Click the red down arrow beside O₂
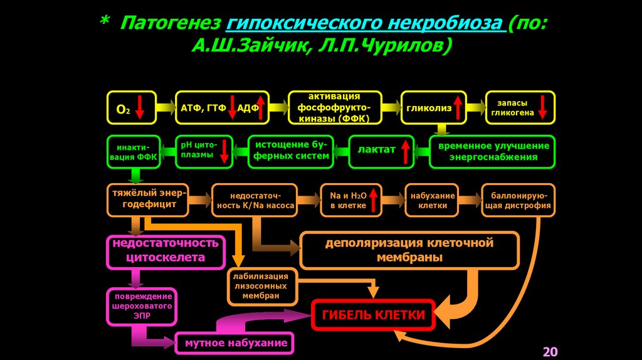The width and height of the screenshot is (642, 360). point(140,107)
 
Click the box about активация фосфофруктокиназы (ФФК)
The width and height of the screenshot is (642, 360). point(334,107)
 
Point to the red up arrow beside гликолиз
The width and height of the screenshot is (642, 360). point(458,107)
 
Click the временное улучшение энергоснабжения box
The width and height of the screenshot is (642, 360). point(493,152)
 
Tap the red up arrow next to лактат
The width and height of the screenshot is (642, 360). point(405,151)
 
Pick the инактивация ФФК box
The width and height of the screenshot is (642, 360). point(134,152)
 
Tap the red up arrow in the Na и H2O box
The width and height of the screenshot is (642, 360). point(374,200)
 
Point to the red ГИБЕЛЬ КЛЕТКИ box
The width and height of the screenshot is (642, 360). point(373,315)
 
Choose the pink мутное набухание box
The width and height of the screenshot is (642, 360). point(236,342)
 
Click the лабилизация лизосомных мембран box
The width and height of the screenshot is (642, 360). point(260,285)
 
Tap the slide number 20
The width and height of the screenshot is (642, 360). point(550,351)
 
